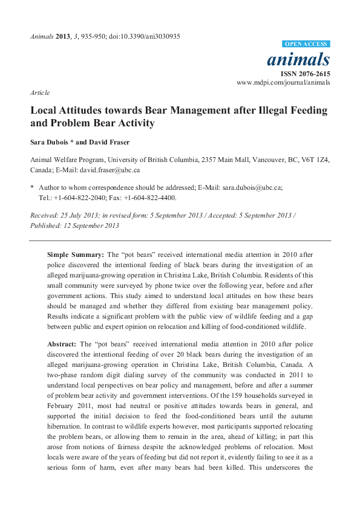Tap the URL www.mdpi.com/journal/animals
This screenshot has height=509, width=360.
point(284,82)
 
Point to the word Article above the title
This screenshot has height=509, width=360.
point(39,92)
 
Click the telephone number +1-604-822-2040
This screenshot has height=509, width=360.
point(81,197)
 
